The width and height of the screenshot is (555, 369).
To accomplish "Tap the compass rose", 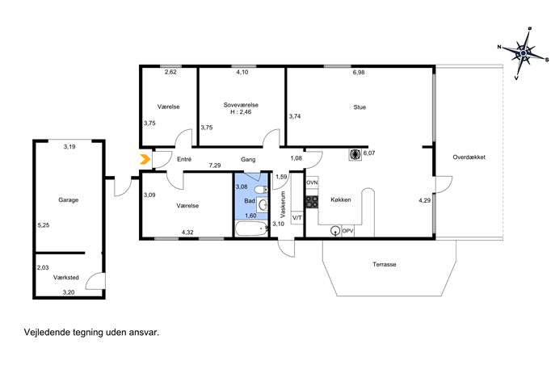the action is tap(523, 53).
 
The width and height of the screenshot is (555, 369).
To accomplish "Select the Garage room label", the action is tap(69, 200).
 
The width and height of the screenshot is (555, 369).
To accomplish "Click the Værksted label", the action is tap(66, 278).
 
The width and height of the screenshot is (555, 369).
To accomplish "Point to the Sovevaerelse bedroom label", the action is tap(241, 105).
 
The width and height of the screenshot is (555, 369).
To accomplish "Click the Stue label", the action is tap(359, 107).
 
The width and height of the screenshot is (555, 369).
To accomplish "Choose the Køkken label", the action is tap(341, 199).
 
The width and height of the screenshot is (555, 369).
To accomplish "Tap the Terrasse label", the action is tap(384, 264).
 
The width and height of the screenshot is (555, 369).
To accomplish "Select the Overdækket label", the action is tap(469, 157).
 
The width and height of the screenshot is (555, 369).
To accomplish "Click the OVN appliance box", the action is tap(312, 182).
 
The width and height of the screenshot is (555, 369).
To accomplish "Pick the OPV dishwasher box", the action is tap(348, 231).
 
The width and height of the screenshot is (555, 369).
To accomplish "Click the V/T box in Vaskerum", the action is tap(297, 217).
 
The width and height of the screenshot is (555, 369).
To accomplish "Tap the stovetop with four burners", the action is tap(312, 202).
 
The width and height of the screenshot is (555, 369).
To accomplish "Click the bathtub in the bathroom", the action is tap(251, 229).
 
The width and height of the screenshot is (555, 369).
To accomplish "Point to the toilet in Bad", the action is tap(262, 190).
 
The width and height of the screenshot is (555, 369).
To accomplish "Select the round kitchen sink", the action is tap(334, 231).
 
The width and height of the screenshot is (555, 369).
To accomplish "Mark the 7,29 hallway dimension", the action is tap(215, 166).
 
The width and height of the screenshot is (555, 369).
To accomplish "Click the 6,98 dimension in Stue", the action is tap(359, 72).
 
